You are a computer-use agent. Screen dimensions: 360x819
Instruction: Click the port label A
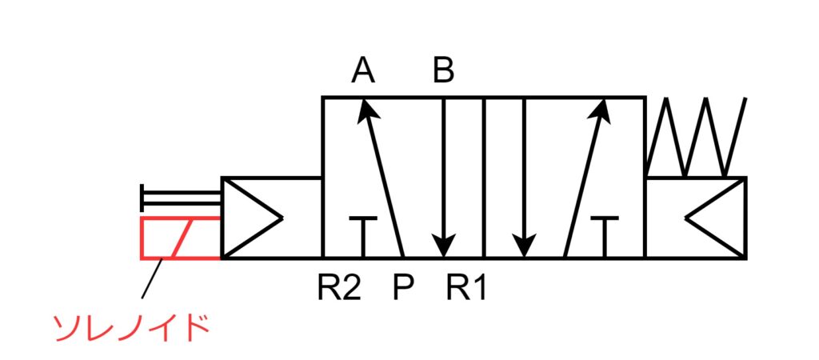point(363,72)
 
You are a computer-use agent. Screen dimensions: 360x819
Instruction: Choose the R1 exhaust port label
point(466,287)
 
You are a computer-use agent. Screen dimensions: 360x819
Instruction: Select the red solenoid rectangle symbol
point(180,238)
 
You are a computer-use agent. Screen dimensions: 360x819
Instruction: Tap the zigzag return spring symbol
point(696,138)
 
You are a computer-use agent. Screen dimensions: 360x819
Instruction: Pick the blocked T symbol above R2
point(363,232)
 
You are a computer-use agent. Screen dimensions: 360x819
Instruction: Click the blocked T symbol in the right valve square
point(605,232)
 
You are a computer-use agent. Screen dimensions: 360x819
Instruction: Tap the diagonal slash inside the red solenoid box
point(180,238)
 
